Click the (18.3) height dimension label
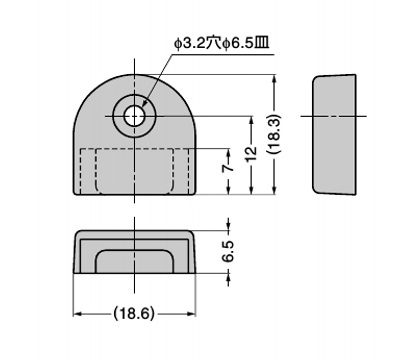[x=274, y=134]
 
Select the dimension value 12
[x=252, y=153]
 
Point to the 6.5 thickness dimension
[x=228, y=251]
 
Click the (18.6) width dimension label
[x=134, y=313]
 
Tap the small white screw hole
[x=134, y=116]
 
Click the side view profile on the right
[x=334, y=134]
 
